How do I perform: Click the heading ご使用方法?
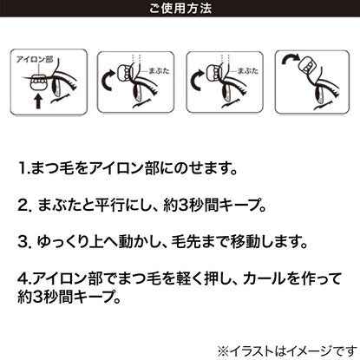click(180, 8)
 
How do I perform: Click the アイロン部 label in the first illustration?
click(35, 60)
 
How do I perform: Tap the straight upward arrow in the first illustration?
click(38, 101)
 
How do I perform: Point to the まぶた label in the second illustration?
click(159, 71)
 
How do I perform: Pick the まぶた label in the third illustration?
click(248, 71)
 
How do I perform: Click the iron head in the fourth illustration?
click(308, 66)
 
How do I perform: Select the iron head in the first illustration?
click(39, 83)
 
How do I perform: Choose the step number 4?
click(23, 278)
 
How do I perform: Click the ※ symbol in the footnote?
click(224, 351)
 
